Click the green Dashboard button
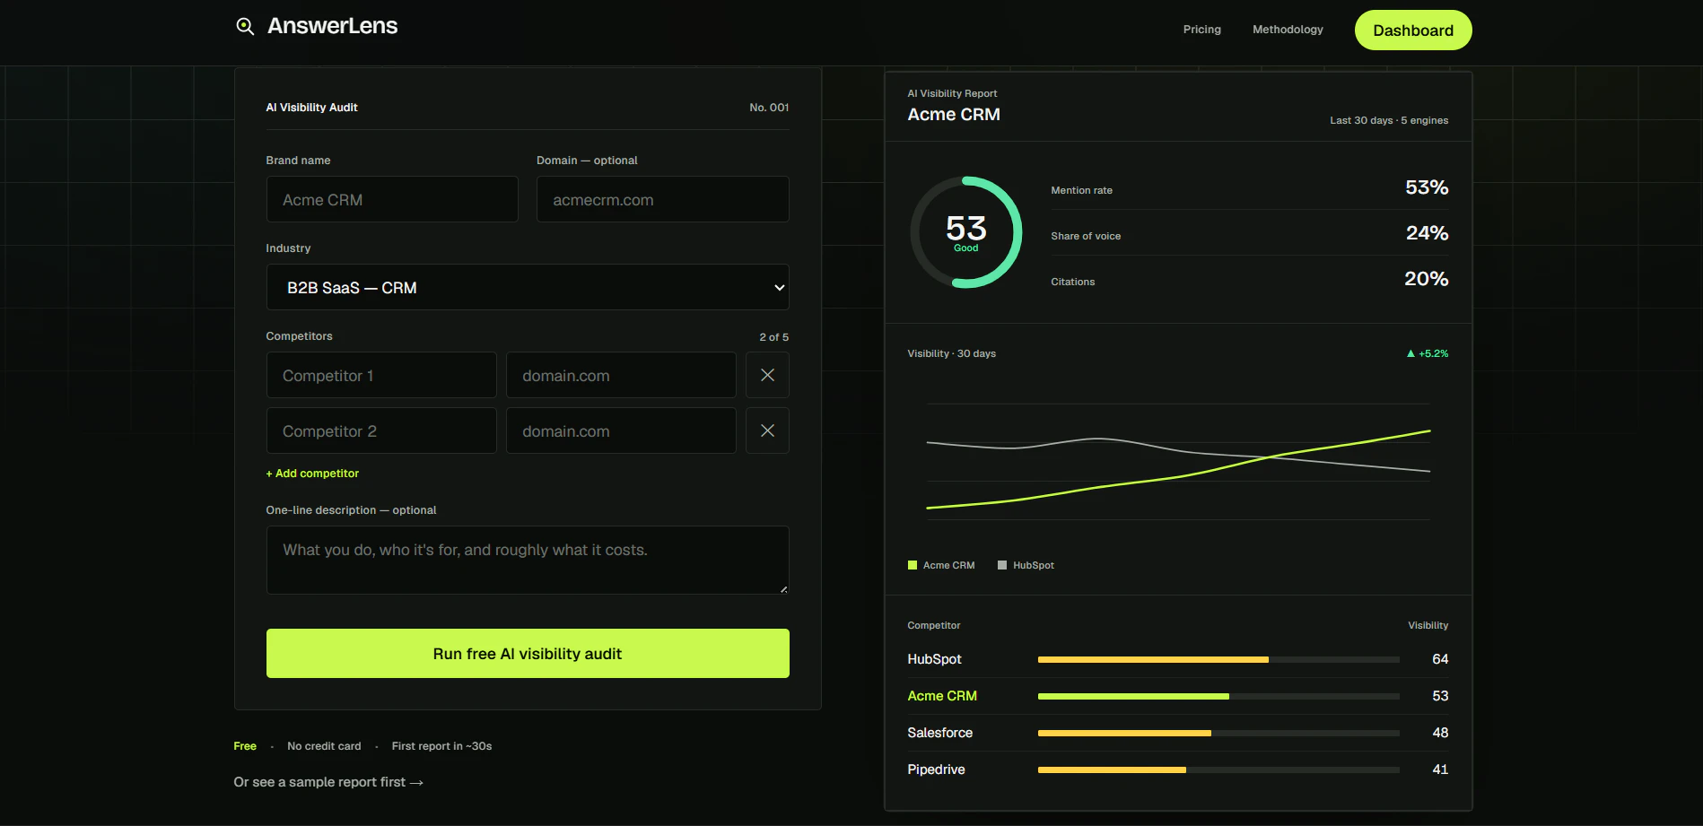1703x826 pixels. [x=1413, y=30]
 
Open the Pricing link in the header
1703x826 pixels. [x=1201, y=30]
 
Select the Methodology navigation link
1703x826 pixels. [x=1288, y=30]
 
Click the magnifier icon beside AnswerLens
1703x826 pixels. [x=245, y=26]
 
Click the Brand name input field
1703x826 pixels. [x=392, y=199]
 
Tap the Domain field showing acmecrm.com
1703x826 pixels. [x=662, y=199]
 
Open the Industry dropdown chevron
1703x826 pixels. [x=779, y=288]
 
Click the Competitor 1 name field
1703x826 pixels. [x=381, y=375]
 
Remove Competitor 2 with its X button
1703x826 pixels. [x=767, y=430]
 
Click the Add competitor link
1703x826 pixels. [x=312, y=474]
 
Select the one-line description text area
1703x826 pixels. [x=528, y=560]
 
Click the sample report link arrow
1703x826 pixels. [x=416, y=783]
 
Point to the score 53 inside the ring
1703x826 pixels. [x=965, y=228]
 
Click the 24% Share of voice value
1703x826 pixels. [x=1427, y=233]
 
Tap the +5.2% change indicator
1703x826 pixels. [x=1428, y=353]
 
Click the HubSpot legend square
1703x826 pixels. [x=1002, y=565]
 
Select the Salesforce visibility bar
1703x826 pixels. [x=1124, y=733]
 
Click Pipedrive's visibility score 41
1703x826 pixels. [x=1440, y=769]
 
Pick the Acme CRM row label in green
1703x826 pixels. [x=942, y=696]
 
